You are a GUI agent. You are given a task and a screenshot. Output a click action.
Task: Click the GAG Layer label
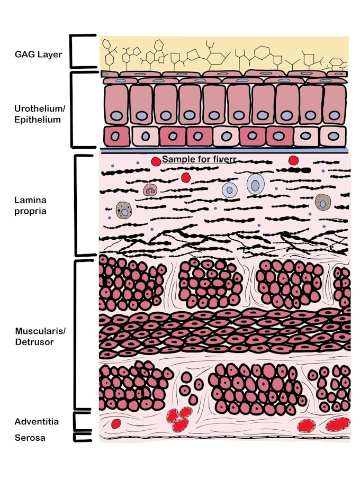38,55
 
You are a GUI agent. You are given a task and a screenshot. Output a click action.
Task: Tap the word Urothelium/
40,108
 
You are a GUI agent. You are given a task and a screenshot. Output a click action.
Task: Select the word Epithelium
38,120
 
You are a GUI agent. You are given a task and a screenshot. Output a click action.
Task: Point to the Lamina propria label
30,206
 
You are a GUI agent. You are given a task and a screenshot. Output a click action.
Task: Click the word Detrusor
34,342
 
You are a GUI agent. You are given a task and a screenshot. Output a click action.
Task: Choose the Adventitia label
37,422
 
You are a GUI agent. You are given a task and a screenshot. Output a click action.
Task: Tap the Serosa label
30,438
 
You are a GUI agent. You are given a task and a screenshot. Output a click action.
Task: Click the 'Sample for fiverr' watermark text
199,159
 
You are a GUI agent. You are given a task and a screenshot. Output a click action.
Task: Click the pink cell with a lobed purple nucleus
150,190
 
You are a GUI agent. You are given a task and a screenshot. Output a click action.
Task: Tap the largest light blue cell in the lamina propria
256,184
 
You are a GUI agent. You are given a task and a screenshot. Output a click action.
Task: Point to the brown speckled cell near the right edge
323,202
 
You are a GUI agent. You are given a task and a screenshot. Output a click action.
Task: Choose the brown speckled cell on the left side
124,210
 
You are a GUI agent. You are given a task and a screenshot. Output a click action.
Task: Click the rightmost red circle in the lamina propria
293,160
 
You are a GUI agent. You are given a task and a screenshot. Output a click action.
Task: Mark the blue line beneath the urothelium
224,151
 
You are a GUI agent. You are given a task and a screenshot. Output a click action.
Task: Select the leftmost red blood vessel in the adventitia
116,424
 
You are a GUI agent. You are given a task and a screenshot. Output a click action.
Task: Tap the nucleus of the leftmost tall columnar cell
116,116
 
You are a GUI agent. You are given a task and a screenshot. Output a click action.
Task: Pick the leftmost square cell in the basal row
116,136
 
